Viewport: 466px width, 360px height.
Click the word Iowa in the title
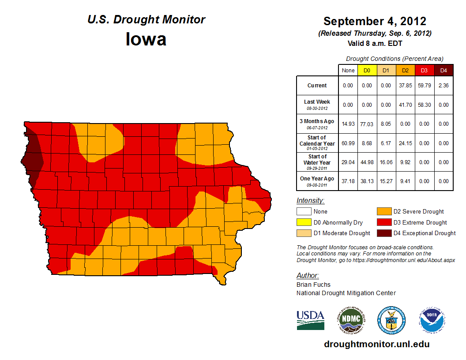146,39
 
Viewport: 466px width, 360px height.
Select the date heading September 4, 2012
374,21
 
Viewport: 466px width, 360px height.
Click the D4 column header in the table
443,70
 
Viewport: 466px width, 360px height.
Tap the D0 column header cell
367,70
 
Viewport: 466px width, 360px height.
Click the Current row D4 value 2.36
443,86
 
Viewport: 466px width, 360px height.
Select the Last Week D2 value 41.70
405,105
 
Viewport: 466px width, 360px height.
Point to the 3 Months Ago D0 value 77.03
367,124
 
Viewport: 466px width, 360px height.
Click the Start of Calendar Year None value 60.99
348,143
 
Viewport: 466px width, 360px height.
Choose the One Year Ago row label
317,180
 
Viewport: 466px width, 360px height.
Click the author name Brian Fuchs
313,285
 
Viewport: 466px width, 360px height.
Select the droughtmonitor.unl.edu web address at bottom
376,344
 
